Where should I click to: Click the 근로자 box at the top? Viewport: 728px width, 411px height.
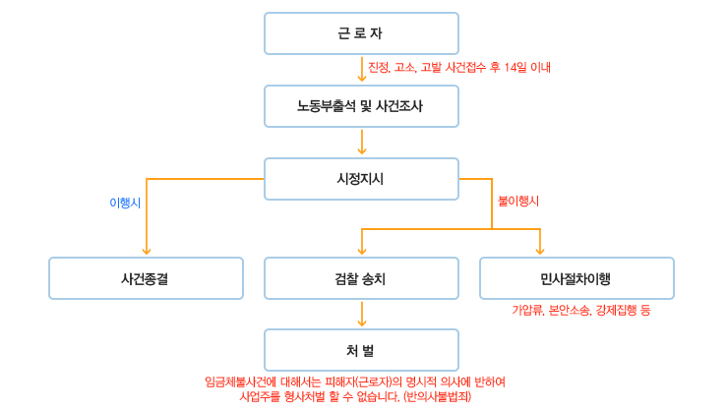tap(361, 33)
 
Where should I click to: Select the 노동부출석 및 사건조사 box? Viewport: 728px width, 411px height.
tap(361, 106)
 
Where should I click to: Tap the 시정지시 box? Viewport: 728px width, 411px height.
tap(361, 179)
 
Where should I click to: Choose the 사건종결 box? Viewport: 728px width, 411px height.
tap(146, 278)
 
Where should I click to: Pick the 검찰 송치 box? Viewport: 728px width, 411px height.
tap(361, 278)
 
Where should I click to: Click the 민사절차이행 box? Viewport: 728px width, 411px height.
tap(576, 278)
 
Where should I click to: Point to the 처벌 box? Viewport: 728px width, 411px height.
tap(361, 350)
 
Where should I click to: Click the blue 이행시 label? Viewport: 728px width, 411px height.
tap(125, 203)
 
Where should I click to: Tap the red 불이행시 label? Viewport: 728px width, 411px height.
tap(518, 201)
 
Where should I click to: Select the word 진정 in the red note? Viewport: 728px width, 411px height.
tap(379, 67)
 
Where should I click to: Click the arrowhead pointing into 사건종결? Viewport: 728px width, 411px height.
tap(147, 252)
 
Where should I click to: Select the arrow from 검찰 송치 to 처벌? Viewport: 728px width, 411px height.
tap(362, 314)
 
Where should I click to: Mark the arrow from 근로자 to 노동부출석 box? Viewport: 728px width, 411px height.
tap(362, 69)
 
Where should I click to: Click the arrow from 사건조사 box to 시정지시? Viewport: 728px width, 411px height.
tap(362, 142)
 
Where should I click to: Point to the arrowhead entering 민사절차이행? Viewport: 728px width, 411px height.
tap(539, 252)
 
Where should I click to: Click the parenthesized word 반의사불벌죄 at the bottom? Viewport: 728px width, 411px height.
tap(438, 396)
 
